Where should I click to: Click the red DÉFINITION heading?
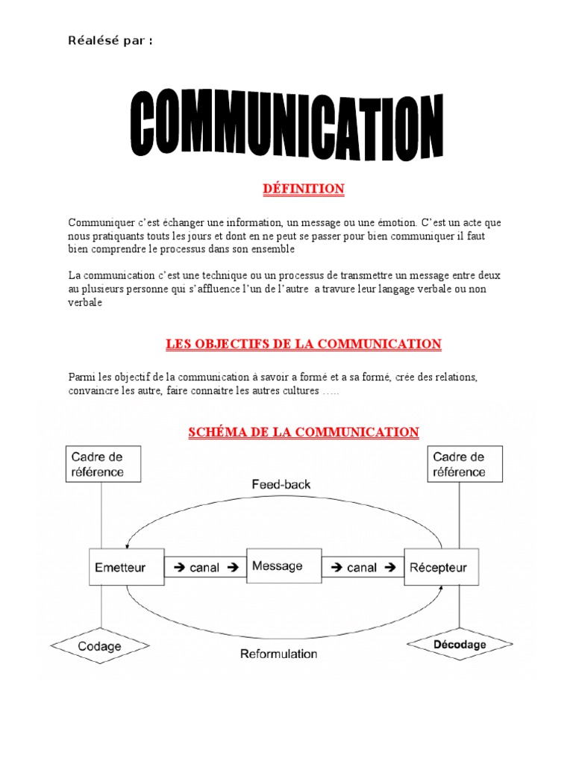coord(304,190)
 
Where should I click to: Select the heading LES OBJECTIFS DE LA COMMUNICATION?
coord(303,344)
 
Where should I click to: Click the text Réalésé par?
coord(111,40)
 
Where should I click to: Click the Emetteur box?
coord(120,568)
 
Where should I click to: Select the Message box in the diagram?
coord(278,566)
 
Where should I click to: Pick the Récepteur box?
coord(439,568)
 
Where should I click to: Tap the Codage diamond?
coord(99,646)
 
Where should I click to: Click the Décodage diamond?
coord(460,644)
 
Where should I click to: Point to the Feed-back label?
coord(281,484)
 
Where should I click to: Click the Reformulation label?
coord(278,654)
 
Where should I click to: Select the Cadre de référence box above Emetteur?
coord(97,464)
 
